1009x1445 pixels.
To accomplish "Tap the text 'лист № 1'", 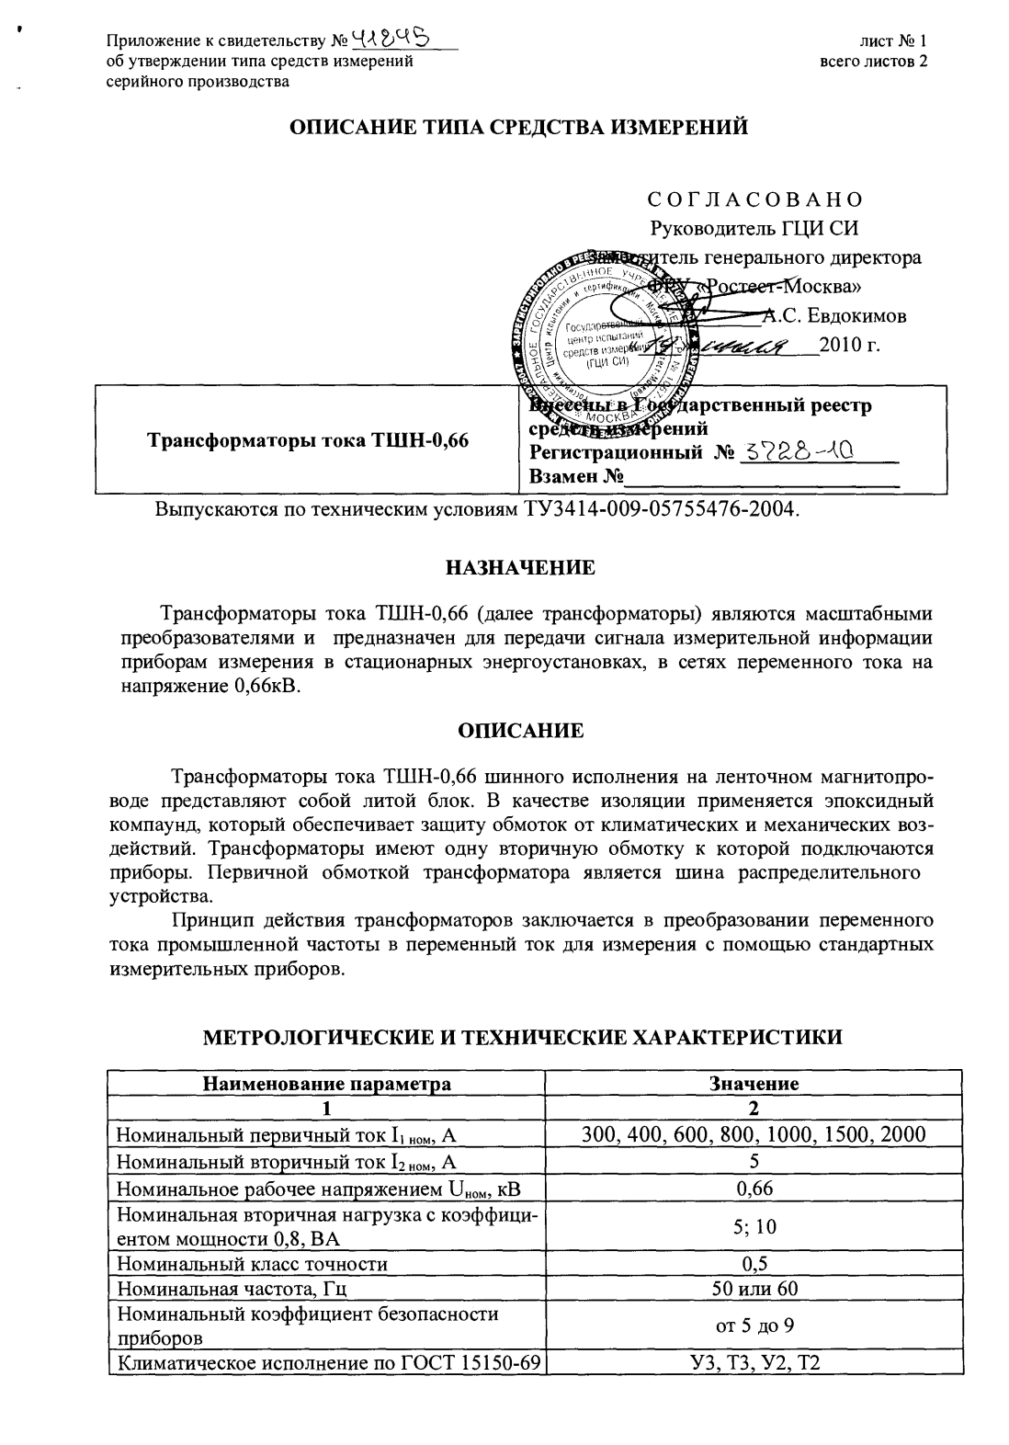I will pos(893,41).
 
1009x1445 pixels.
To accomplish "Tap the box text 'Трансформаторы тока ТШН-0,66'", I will pos(309,440).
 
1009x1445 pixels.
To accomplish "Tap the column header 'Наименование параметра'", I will pos(326,1083).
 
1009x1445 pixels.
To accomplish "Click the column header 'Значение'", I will pos(754,1083).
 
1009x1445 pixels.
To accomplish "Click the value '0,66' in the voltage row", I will pos(754,1188).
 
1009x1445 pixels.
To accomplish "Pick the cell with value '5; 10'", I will pos(754,1226).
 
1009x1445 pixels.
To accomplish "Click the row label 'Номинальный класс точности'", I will pos(253,1264).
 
